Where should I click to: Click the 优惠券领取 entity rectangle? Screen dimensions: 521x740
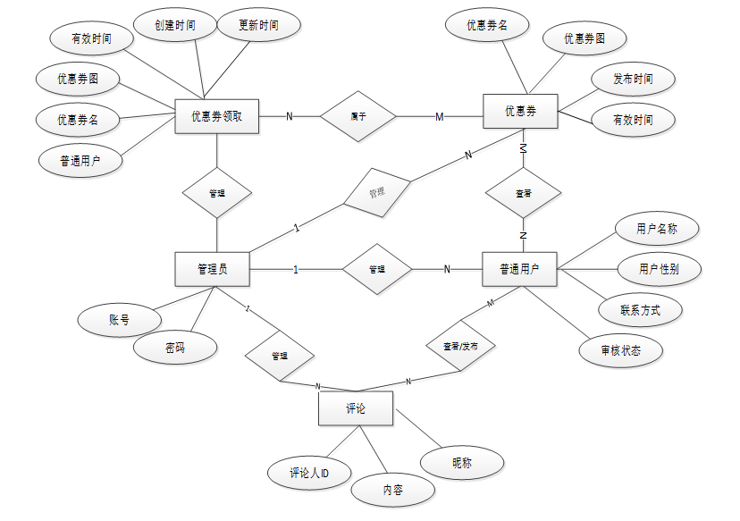click(217, 116)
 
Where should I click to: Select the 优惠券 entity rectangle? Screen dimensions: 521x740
click(520, 112)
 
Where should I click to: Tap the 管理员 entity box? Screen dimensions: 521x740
click(212, 269)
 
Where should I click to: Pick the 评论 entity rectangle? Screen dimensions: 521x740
click(356, 408)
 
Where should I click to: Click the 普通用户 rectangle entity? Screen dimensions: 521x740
click(519, 269)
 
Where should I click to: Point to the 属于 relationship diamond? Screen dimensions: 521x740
click(357, 116)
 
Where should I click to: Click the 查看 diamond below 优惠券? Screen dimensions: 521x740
click(524, 192)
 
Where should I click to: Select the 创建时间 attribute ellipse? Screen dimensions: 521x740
click(174, 26)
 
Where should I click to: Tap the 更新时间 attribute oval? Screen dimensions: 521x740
click(258, 26)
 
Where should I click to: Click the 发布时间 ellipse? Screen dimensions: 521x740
click(633, 80)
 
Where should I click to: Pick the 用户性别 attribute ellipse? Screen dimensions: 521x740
click(658, 268)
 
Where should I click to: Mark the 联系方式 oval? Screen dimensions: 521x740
click(640, 310)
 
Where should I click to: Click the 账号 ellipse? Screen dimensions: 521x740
click(120, 319)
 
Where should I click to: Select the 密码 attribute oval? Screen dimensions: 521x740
click(174, 348)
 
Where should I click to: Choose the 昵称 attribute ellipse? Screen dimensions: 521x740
click(461, 463)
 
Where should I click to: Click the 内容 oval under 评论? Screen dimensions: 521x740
click(392, 490)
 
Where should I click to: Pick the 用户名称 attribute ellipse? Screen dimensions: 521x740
click(657, 229)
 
